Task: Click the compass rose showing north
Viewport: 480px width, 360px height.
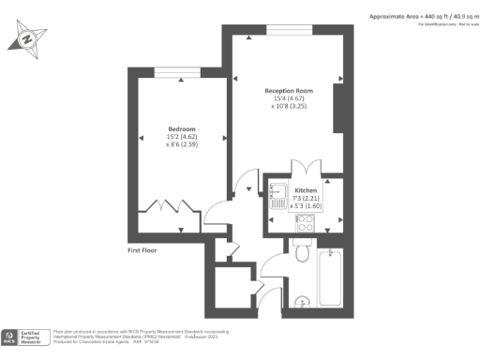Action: (x=28, y=39)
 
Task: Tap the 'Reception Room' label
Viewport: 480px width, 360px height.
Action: (x=289, y=91)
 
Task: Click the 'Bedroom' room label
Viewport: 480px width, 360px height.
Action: (x=182, y=128)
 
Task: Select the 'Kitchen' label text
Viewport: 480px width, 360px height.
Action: (x=307, y=189)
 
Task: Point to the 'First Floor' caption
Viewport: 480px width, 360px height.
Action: (x=148, y=250)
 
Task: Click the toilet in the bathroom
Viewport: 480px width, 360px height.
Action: (x=301, y=253)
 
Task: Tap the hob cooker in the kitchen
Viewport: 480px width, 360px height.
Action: (x=307, y=223)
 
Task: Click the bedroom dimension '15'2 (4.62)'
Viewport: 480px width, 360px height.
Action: (x=182, y=137)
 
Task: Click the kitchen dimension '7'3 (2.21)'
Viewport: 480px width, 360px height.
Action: (x=307, y=198)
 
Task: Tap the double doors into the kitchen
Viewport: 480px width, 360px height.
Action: (x=305, y=170)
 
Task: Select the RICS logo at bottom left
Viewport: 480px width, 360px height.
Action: (x=11, y=336)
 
